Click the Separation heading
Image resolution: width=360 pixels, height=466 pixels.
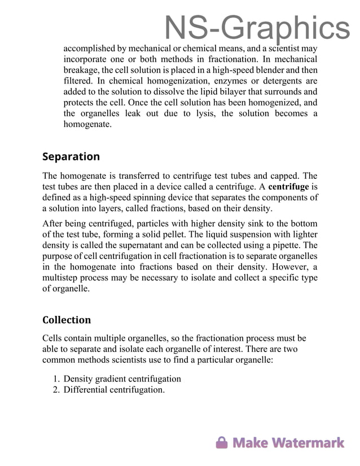coord(71,156)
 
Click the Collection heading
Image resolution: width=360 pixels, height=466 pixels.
coord(67,320)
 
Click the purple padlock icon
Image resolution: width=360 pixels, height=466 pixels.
coord(222,442)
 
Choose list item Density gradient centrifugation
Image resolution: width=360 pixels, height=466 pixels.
coord(122,379)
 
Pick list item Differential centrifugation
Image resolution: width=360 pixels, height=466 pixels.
coord(114,389)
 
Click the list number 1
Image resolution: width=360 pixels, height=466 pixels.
coord(56,379)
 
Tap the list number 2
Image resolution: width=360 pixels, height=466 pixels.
coord(56,389)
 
